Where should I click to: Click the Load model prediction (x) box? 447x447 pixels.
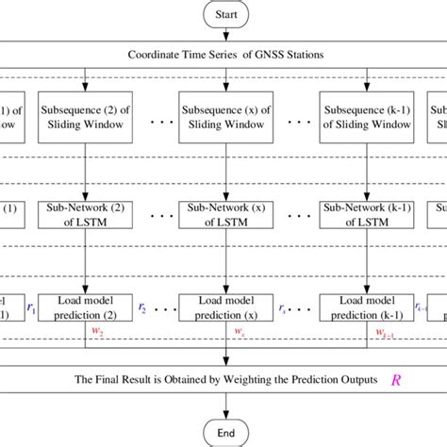[x=225, y=307]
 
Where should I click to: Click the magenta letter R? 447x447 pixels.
[x=395, y=379]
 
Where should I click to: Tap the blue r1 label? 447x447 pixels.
[x=29, y=306]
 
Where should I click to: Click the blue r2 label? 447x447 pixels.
[x=141, y=306]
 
